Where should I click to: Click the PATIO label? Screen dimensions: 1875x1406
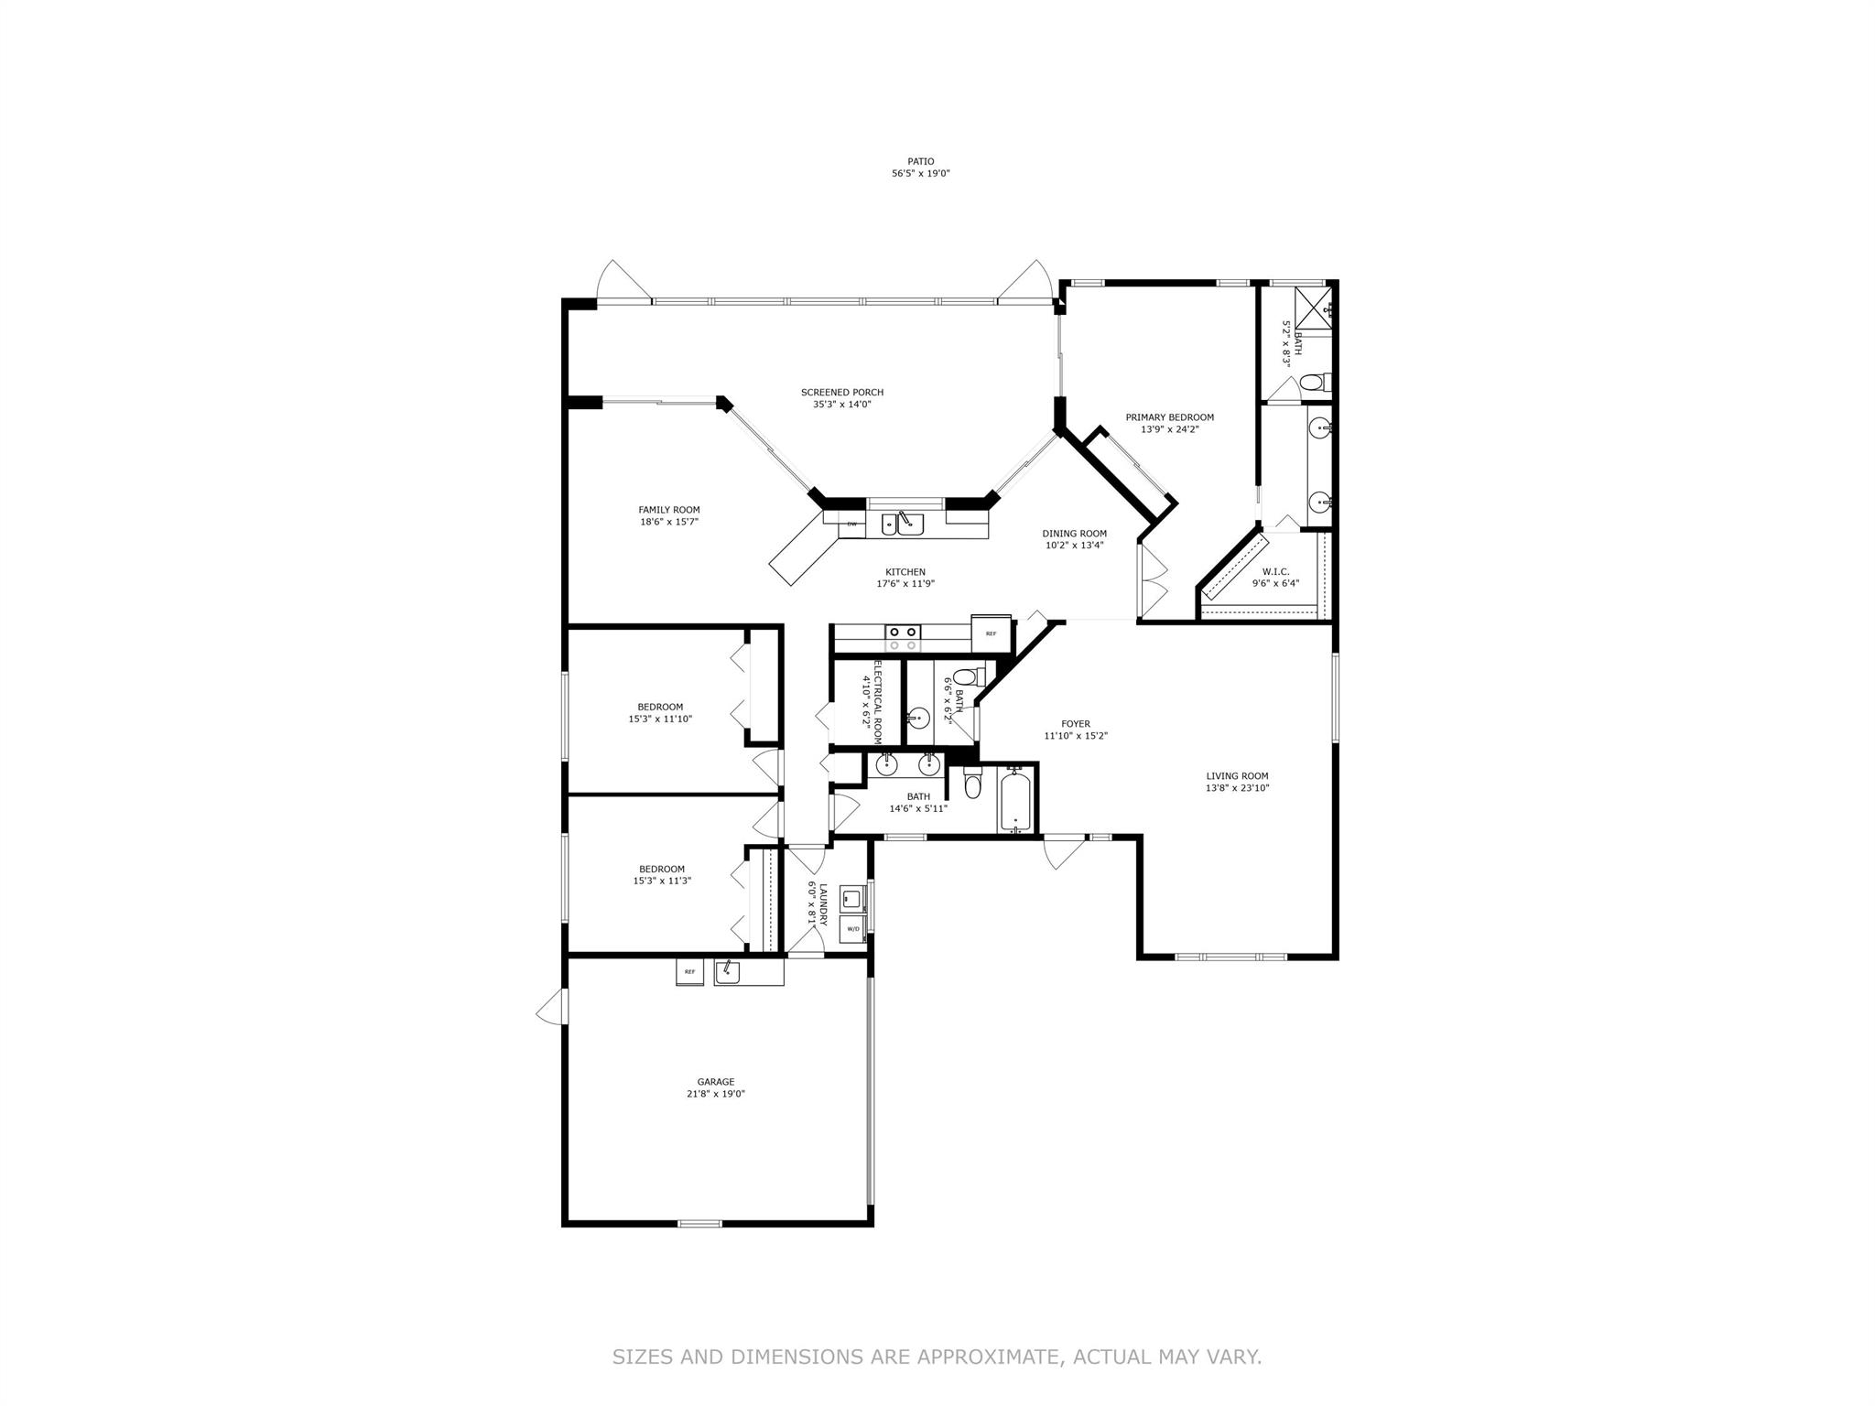(x=921, y=161)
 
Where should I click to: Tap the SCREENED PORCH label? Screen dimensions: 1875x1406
(x=842, y=393)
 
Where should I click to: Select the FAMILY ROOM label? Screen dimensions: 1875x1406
(x=669, y=510)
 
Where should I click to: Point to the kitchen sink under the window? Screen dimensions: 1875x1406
(x=903, y=524)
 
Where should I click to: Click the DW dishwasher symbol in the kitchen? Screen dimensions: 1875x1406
(x=852, y=525)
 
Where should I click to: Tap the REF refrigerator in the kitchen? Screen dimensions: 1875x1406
(x=991, y=633)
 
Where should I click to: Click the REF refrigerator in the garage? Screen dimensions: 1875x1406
(x=689, y=971)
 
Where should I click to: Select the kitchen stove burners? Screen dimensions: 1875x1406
(x=903, y=638)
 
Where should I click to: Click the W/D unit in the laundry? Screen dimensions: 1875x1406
(x=853, y=928)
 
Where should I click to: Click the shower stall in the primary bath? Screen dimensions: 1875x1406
(x=1313, y=307)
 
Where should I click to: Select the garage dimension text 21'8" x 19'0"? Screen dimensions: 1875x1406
(x=716, y=1094)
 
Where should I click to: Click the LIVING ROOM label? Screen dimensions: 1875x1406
(x=1237, y=776)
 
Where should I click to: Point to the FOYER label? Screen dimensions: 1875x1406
(x=1076, y=724)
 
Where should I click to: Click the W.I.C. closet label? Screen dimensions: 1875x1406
(x=1275, y=572)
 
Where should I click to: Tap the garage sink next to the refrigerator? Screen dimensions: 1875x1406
(x=728, y=971)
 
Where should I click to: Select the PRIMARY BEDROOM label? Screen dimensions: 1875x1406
(x=1170, y=417)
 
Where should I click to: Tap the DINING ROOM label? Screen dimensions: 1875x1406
(x=1075, y=534)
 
